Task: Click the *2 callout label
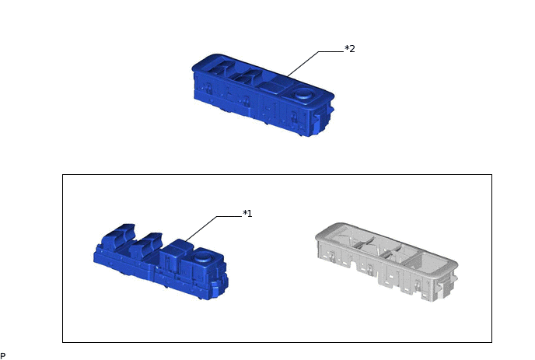point(350,49)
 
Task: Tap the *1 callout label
point(247,214)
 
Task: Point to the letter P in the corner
point(3,356)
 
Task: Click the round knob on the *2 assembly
point(304,93)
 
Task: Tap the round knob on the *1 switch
point(204,257)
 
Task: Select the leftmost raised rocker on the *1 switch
point(120,234)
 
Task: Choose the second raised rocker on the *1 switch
point(145,243)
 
